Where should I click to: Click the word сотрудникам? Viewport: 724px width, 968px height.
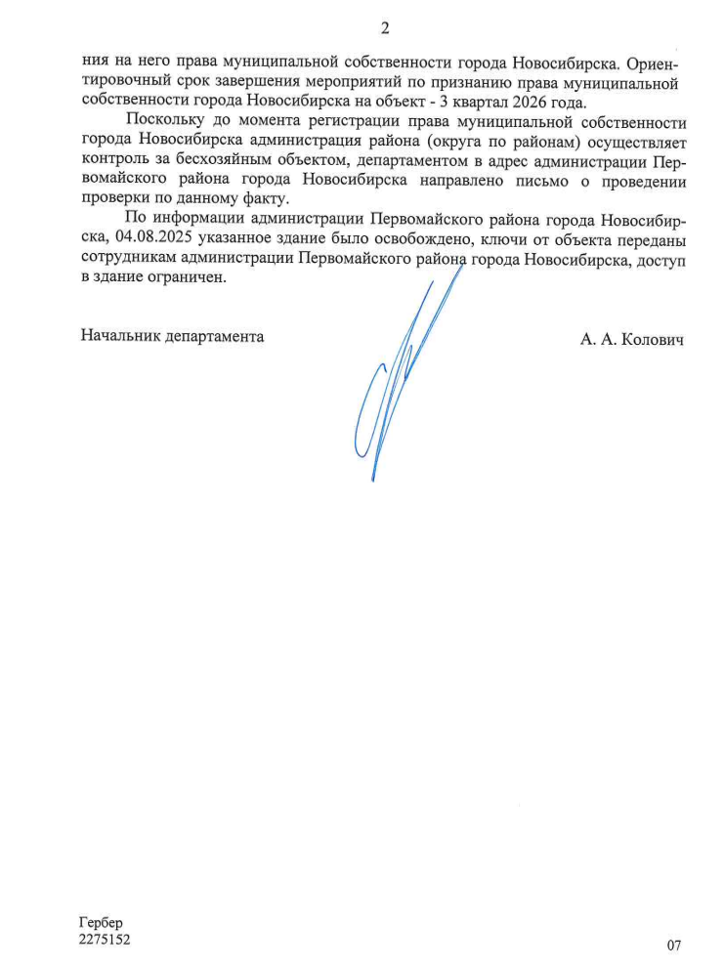coord(125,259)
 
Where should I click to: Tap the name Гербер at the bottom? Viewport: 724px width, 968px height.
coord(103,922)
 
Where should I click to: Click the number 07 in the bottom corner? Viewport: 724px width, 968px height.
coord(673,945)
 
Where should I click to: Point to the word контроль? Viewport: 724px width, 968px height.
coord(111,162)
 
